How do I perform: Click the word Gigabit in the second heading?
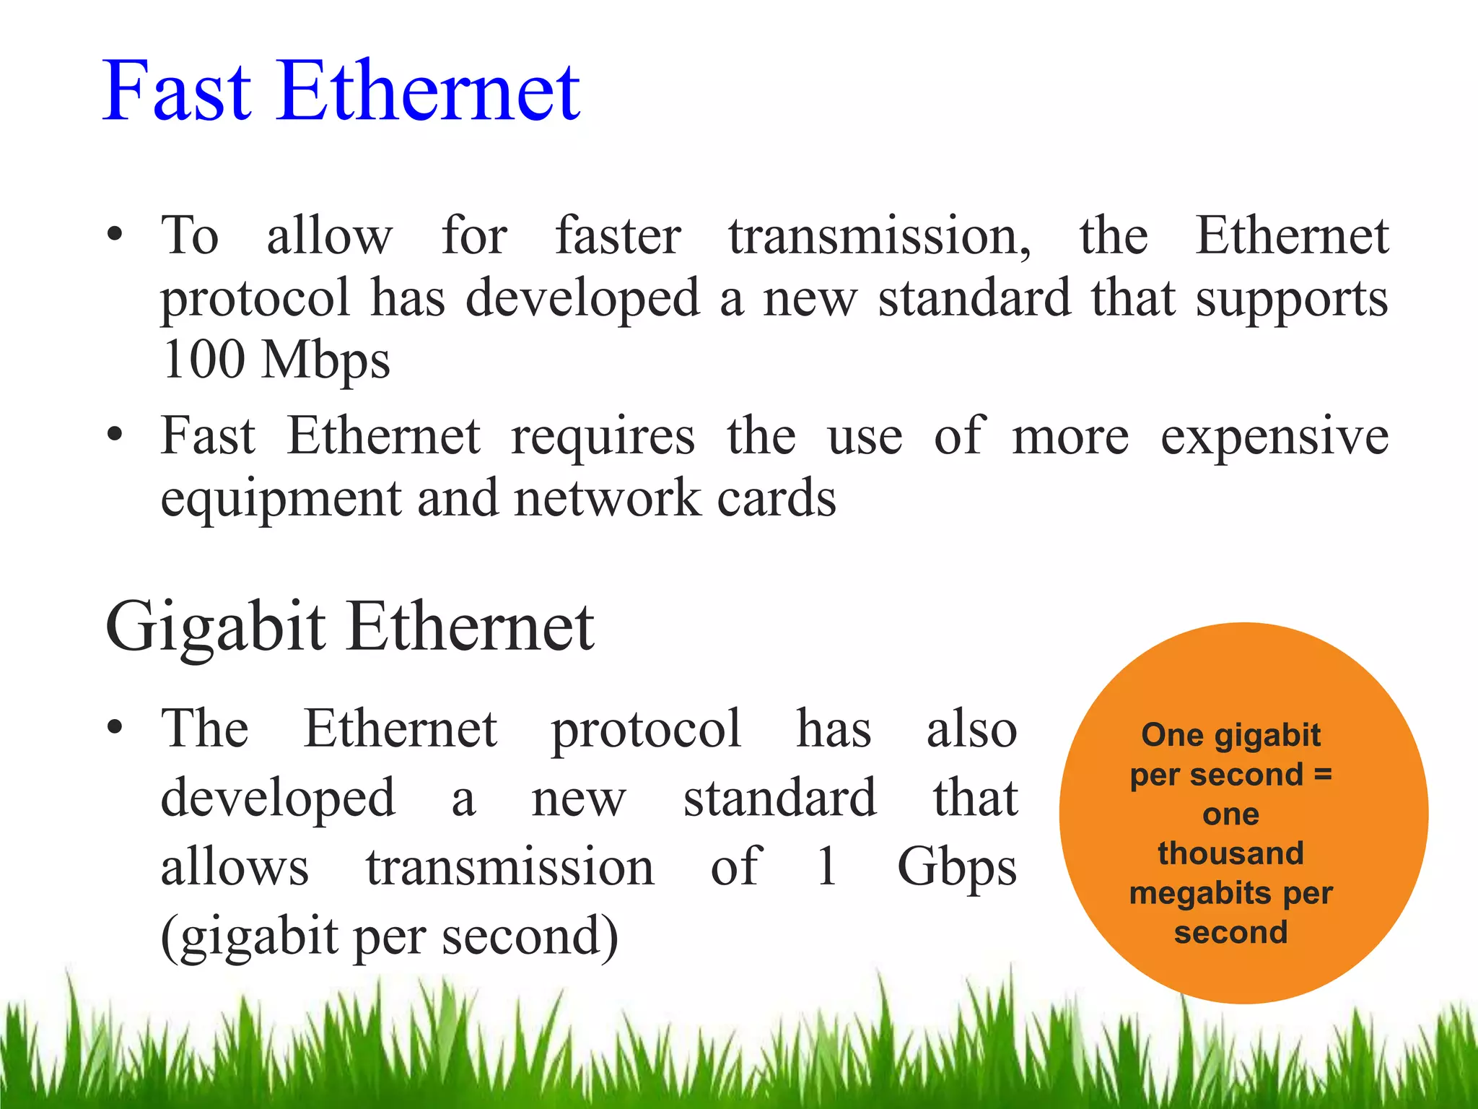click(216, 627)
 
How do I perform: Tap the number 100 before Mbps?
click(204, 359)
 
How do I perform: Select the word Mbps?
click(326, 360)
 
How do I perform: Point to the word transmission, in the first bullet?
click(880, 236)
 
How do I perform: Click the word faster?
click(618, 236)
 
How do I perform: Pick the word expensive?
click(1274, 437)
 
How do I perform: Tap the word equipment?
click(281, 500)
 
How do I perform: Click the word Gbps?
click(957, 867)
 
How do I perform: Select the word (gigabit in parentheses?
click(250, 936)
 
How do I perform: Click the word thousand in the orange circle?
click(1231, 853)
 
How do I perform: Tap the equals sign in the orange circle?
click(1322, 775)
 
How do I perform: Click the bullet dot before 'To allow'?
click(114, 235)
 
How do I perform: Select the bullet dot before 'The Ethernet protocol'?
click(114, 728)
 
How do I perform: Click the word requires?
click(603, 437)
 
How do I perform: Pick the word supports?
click(1291, 299)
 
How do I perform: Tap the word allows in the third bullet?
click(235, 866)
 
